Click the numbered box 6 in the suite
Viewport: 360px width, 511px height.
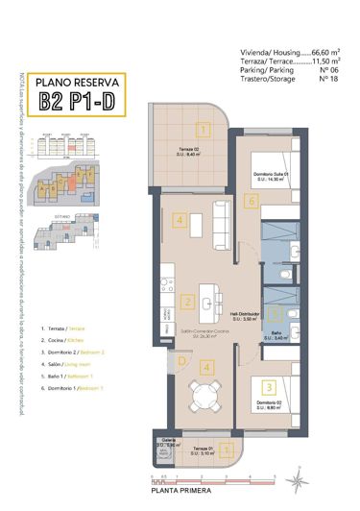click(251, 201)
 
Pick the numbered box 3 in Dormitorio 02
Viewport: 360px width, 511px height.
click(270, 386)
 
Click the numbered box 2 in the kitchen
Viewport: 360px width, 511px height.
click(187, 301)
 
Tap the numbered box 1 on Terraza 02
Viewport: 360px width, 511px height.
click(203, 128)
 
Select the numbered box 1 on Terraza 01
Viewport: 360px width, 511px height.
click(223, 448)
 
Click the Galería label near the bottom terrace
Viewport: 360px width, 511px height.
click(169, 444)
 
